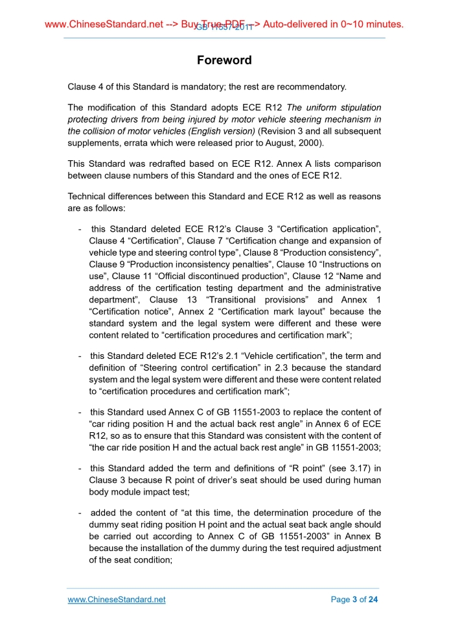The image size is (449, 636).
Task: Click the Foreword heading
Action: [x=224, y=60]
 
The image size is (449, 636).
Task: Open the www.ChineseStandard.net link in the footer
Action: [x=117, y=600]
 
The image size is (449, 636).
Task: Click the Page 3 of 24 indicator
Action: [x=354, y=600]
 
